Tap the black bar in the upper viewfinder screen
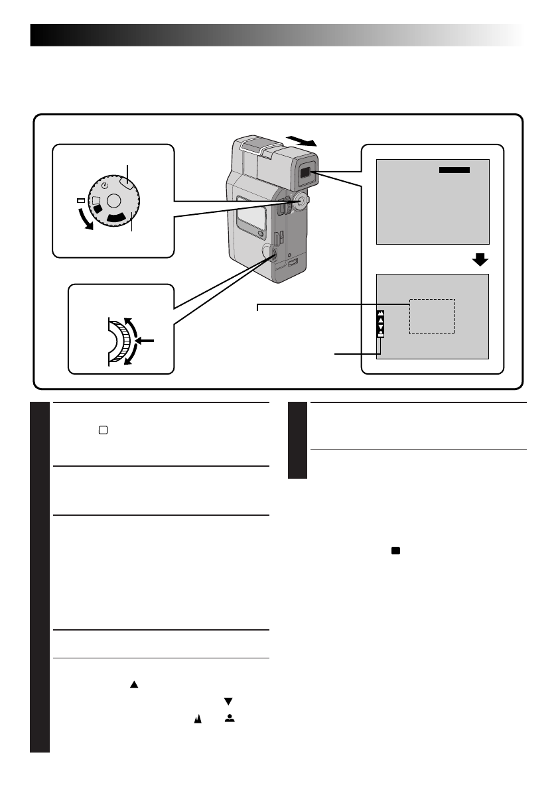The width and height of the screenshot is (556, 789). (454, 170)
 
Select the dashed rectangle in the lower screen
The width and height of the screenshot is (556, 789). (432, 316)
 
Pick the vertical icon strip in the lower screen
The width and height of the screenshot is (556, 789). (381, 324)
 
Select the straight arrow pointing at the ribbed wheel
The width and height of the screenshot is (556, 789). (147, 339)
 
